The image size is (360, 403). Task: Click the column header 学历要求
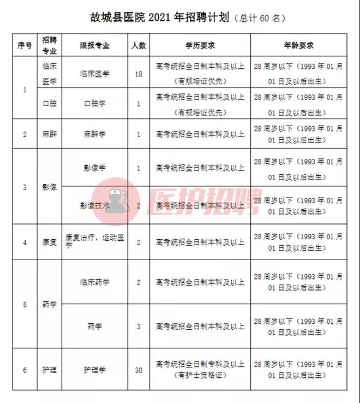pyautogui.click(x=200, y=45)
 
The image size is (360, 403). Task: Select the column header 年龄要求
pyautogui.click(x=298, y=45)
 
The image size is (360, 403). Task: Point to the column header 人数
pyautogui.click(x=139, y=45)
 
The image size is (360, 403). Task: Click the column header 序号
pyautogui.click(x=25, y=45)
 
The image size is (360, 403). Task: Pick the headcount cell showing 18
pyautogui.click(x=139, y=74)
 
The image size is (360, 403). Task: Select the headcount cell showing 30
pyautogui.click(x=139, y=370)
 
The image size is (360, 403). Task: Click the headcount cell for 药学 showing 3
pyautogui.click(x=139, y=327)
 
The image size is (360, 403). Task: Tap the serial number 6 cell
pyautogui.click(x=25, y=370)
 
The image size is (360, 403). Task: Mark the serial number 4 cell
pyautogui.click(x=25, y=241)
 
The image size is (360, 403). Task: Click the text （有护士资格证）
pyautogui.click(x=200, y=376)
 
